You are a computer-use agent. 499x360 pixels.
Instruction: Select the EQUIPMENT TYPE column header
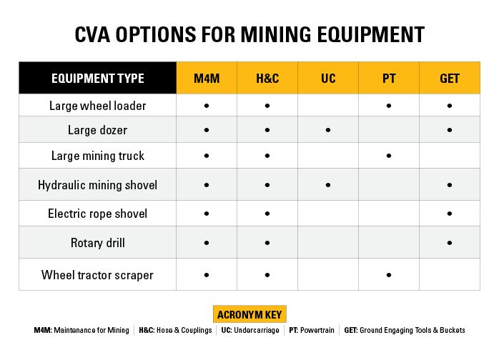tap(98, 79)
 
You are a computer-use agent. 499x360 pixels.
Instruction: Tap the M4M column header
tap(207, 79)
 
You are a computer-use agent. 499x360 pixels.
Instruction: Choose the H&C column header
tap(267, 79)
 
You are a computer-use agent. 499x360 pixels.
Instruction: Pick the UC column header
tap(328, 79)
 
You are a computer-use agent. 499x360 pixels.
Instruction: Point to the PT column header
tap(389, 79)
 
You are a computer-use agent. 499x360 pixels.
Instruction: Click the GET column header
tap(450, 79)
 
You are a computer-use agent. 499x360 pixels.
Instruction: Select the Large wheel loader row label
tap(98, 106)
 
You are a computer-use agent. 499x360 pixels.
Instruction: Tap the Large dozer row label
tap(98, 130)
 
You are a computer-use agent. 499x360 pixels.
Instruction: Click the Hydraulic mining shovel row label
tap(98, 185)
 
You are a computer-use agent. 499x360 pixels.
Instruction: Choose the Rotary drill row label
tap(98, 243)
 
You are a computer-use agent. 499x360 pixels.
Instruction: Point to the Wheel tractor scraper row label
tap(98, 274)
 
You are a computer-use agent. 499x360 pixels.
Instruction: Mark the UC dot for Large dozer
tap(328, 130)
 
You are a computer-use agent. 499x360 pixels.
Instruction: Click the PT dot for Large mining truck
tap(389, 156)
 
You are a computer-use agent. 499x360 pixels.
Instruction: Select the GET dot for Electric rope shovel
tap(450, 214)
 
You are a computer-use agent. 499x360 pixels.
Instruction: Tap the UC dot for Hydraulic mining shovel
tap(328, 185)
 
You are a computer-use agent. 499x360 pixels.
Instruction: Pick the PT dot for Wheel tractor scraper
tap(389, 274)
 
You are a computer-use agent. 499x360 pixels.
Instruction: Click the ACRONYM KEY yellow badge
tap(249, 315)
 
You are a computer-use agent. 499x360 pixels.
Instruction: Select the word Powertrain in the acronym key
tap(317, 331)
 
